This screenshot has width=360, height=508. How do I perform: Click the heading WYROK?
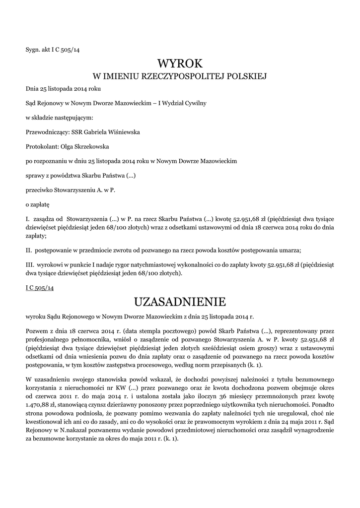coord(180,63)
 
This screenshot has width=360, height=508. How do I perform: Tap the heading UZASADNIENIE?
coord(180,302)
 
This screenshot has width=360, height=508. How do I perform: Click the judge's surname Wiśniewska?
coord(124,132)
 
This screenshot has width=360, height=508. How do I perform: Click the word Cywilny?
coord(195,103)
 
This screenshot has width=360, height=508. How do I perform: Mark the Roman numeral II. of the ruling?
coord(28,250)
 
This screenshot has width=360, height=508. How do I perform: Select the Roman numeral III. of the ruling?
coord(29,264)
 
